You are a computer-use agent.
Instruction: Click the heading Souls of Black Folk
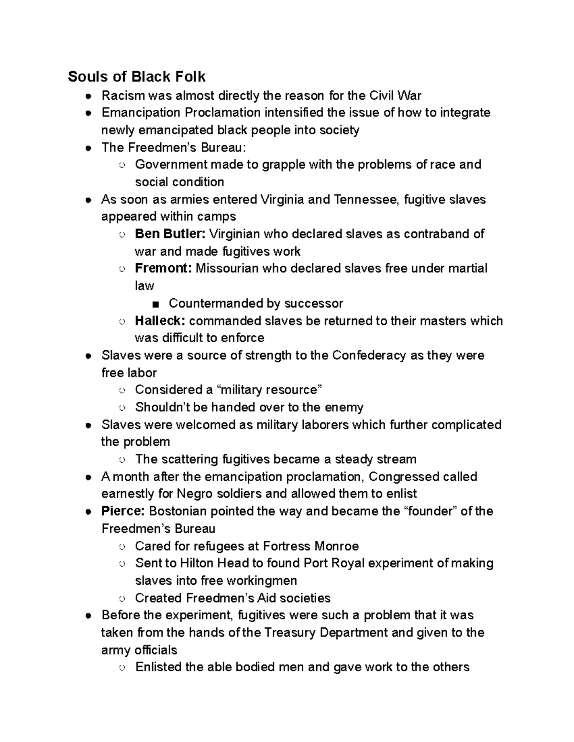coord(137,76)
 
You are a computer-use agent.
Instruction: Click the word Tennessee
coord(363,199)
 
